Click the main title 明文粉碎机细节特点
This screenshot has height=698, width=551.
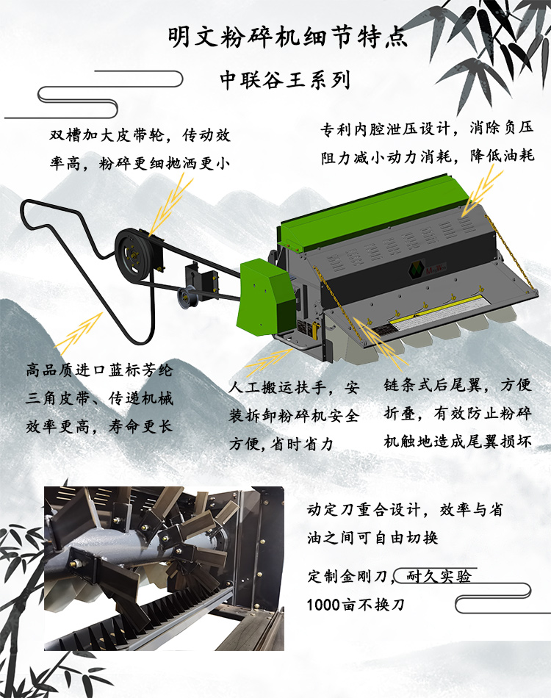(x=287, y=37)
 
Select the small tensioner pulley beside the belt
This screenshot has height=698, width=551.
(x=186, y=295)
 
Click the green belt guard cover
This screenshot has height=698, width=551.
(x=267, y=294)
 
